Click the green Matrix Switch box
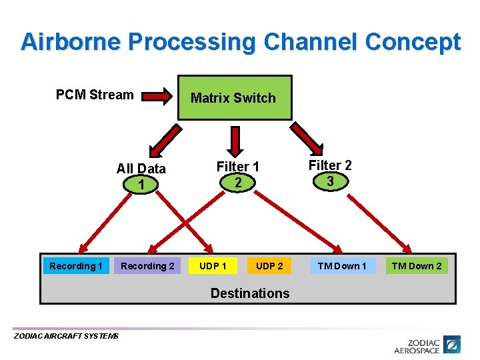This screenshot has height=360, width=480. [x=235, y=98]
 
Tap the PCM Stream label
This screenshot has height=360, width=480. [x=95, y=95]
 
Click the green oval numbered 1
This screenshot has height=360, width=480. [x=141, y=183]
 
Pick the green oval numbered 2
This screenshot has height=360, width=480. [x=237, y=181]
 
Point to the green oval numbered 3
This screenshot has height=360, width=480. [x=329, y=180]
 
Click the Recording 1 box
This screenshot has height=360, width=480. [x=75, y=266]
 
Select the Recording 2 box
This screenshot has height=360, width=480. [x=147, y=266]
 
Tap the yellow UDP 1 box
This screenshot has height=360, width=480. [x=213, y=266]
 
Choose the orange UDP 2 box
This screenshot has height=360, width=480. [x=269, y=266]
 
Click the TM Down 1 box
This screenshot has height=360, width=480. [x=342, y=266]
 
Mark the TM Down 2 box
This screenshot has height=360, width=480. [x=417, y=266]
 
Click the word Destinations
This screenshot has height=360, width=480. [x=250, y=293]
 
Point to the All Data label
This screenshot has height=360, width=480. [x=141, y=169]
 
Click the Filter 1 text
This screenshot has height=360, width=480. [x=237, y=167]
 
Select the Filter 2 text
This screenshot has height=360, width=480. [x=329, y=165]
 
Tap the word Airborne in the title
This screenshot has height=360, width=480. [x=71, y=42]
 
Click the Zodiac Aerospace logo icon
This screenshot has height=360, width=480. [x=452, y=345]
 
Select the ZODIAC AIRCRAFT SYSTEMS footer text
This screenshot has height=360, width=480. [x=66, y=336]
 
